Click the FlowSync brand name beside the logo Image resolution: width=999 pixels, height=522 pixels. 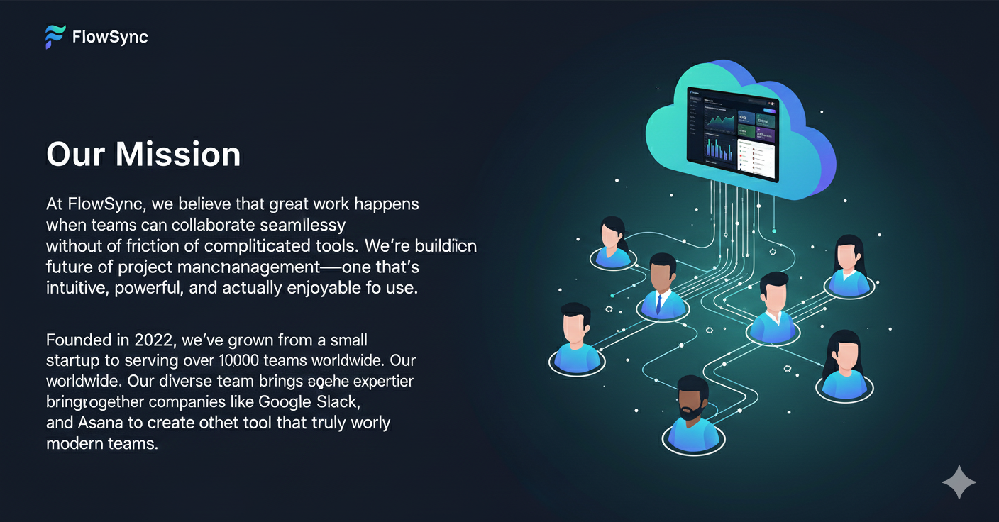pos(110,37)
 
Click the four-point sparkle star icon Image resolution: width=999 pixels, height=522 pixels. pos(959,482)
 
